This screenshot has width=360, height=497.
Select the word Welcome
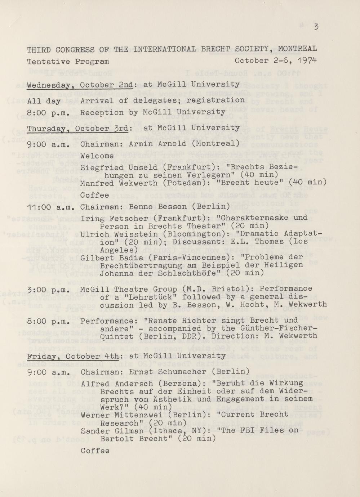[97, 156]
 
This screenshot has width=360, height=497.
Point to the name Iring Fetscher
[105, 218]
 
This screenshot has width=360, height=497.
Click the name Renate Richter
[171, 321]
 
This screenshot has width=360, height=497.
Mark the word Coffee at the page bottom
[95, 451]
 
